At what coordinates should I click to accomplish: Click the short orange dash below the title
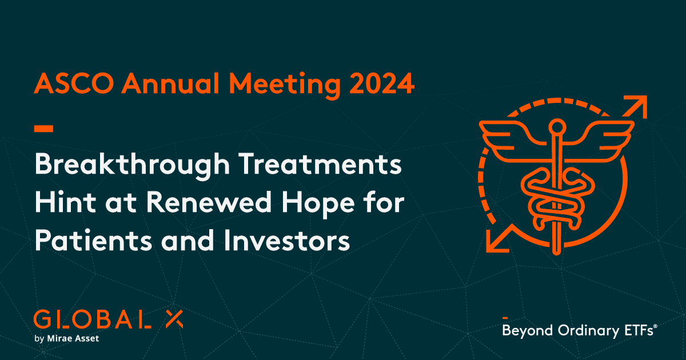tap(43, 127)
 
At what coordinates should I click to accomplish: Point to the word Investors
tap(292, 241)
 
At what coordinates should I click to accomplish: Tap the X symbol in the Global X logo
tap(173, 319)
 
